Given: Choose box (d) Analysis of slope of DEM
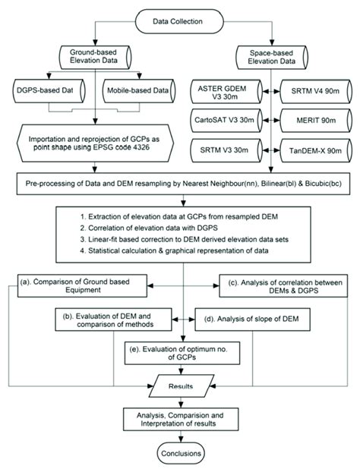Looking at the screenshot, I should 254,318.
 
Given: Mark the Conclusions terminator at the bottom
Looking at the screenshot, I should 180,454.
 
